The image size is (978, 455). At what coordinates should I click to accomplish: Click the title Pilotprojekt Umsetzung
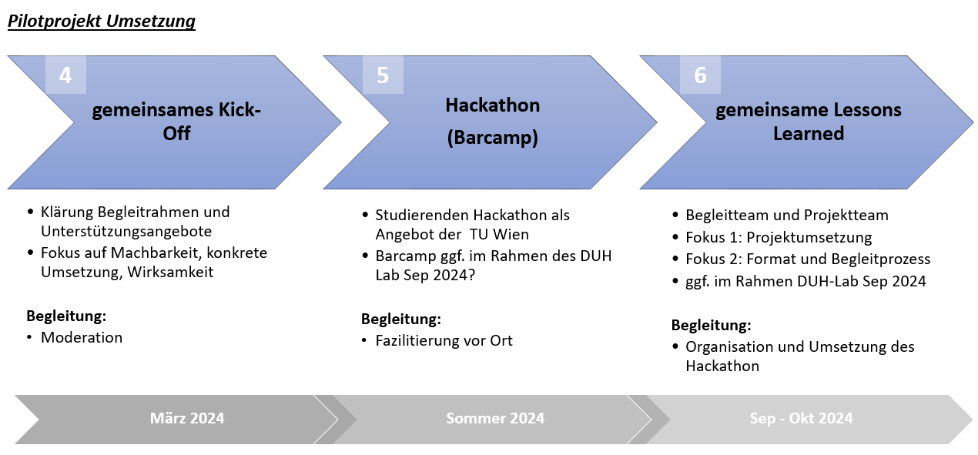(102, 22)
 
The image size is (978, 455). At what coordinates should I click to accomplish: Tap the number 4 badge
(65, 75)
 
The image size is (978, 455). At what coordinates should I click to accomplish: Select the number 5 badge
(383, 75)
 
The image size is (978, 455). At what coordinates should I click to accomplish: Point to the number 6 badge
(700, 75)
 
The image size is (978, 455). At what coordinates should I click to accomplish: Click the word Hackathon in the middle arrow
(493, 105)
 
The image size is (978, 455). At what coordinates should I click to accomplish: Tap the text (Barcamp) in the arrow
(493, 138)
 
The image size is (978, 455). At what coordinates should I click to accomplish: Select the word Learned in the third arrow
(809, 134)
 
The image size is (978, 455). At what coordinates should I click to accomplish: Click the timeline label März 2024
(187, 418)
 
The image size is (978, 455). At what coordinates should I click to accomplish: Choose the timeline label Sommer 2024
(495, 418)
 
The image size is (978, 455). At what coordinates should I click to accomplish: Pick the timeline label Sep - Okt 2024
(801, 418)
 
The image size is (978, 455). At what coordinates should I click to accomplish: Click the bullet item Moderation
(82, 337)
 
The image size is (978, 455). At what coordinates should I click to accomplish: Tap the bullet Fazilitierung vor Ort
(444, 340)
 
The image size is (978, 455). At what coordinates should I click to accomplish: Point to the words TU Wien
(499, 235)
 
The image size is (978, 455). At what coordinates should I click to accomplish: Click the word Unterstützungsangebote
(126, 232)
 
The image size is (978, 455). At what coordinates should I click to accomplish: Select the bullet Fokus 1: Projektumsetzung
(779, 238)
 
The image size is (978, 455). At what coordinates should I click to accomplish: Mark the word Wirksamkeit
(171, 272)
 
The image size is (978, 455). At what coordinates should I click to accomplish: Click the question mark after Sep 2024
(471, 275)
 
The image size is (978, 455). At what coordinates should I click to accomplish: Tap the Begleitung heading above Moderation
(66, 316)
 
